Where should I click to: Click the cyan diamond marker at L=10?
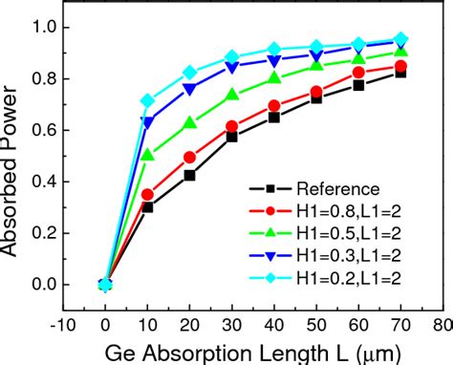click(x=147, y=100)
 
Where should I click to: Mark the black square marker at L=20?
click(x=189, y=176)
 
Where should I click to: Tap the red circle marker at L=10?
click(x=147, y=194)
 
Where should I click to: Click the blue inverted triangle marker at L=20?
click(x=189, y=88)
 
